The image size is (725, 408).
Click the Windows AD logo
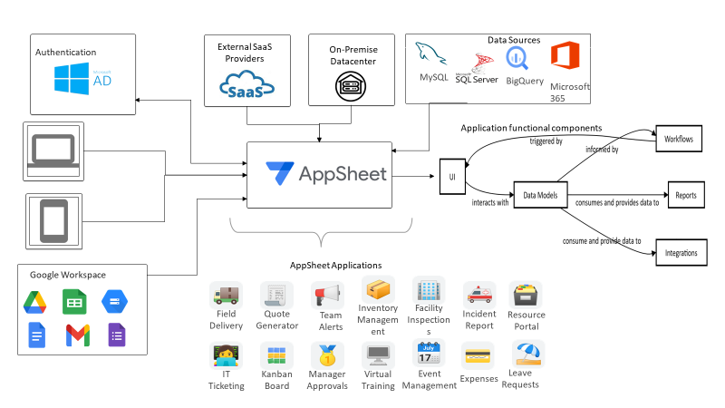(83, 79)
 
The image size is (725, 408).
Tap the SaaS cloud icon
(246, 88)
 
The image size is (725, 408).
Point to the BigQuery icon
(524, 59)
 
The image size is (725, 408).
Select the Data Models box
(541, 193)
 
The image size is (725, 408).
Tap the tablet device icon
(53, 219)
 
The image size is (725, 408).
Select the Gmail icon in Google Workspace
(77, 335)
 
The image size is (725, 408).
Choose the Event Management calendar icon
(427, 353)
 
